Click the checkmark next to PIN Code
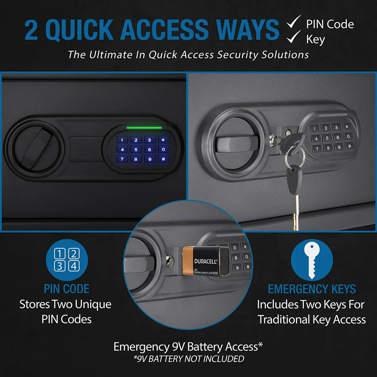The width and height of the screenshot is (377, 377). coord(294,23)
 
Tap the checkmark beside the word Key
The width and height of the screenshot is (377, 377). coord(294,37)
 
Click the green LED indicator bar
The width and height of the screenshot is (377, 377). coord(144,128)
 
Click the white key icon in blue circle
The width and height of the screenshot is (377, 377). coord(312,260)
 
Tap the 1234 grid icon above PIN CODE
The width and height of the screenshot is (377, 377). coord(67,260)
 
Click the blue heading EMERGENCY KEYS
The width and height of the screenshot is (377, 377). coord(312,289)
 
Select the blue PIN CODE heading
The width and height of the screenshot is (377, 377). coord(67,289)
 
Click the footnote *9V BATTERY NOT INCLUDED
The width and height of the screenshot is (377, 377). coord(188,358)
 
